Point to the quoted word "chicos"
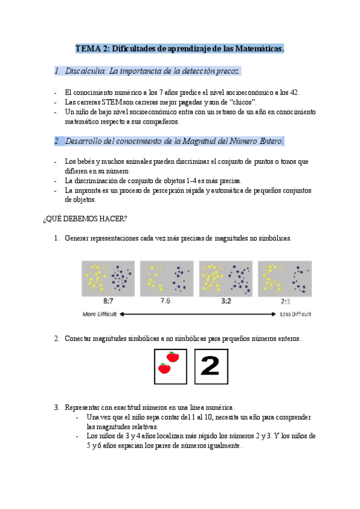pos(239,102)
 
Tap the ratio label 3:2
pos(226,301)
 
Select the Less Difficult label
pos(295,314)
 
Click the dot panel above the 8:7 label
pos(109,277)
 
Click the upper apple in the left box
pos(173,357)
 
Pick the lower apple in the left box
pos(163,369)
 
